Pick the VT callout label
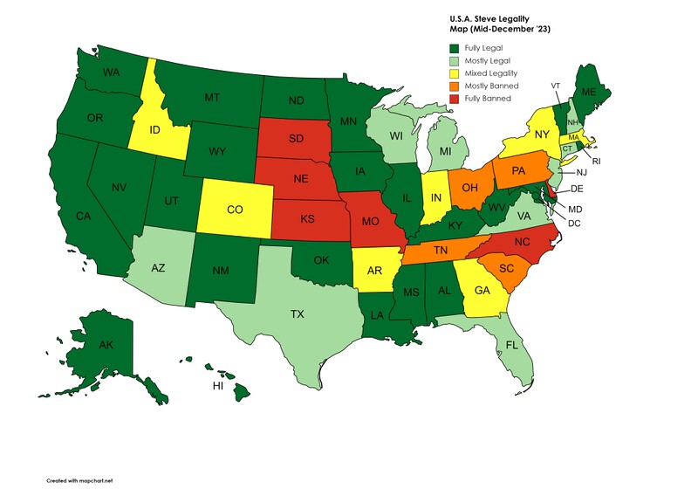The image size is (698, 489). tap(555, 85)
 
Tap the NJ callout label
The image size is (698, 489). tap(581, 173)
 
